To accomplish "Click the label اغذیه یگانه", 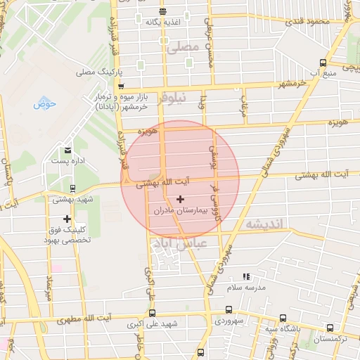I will point(162,22).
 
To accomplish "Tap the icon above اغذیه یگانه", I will point(162,11).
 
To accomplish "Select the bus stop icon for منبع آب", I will point(322,62).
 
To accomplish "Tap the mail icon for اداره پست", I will point(67,150).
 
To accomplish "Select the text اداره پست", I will point(68,161).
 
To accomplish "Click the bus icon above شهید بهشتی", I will point(67,188).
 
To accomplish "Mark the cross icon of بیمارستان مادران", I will point(181,200).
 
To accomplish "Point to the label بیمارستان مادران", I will point(181,210).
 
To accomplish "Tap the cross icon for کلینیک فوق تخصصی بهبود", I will point(67,219).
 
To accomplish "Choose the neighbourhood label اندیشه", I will point(262,223).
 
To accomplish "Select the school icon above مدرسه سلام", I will point(246,277).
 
